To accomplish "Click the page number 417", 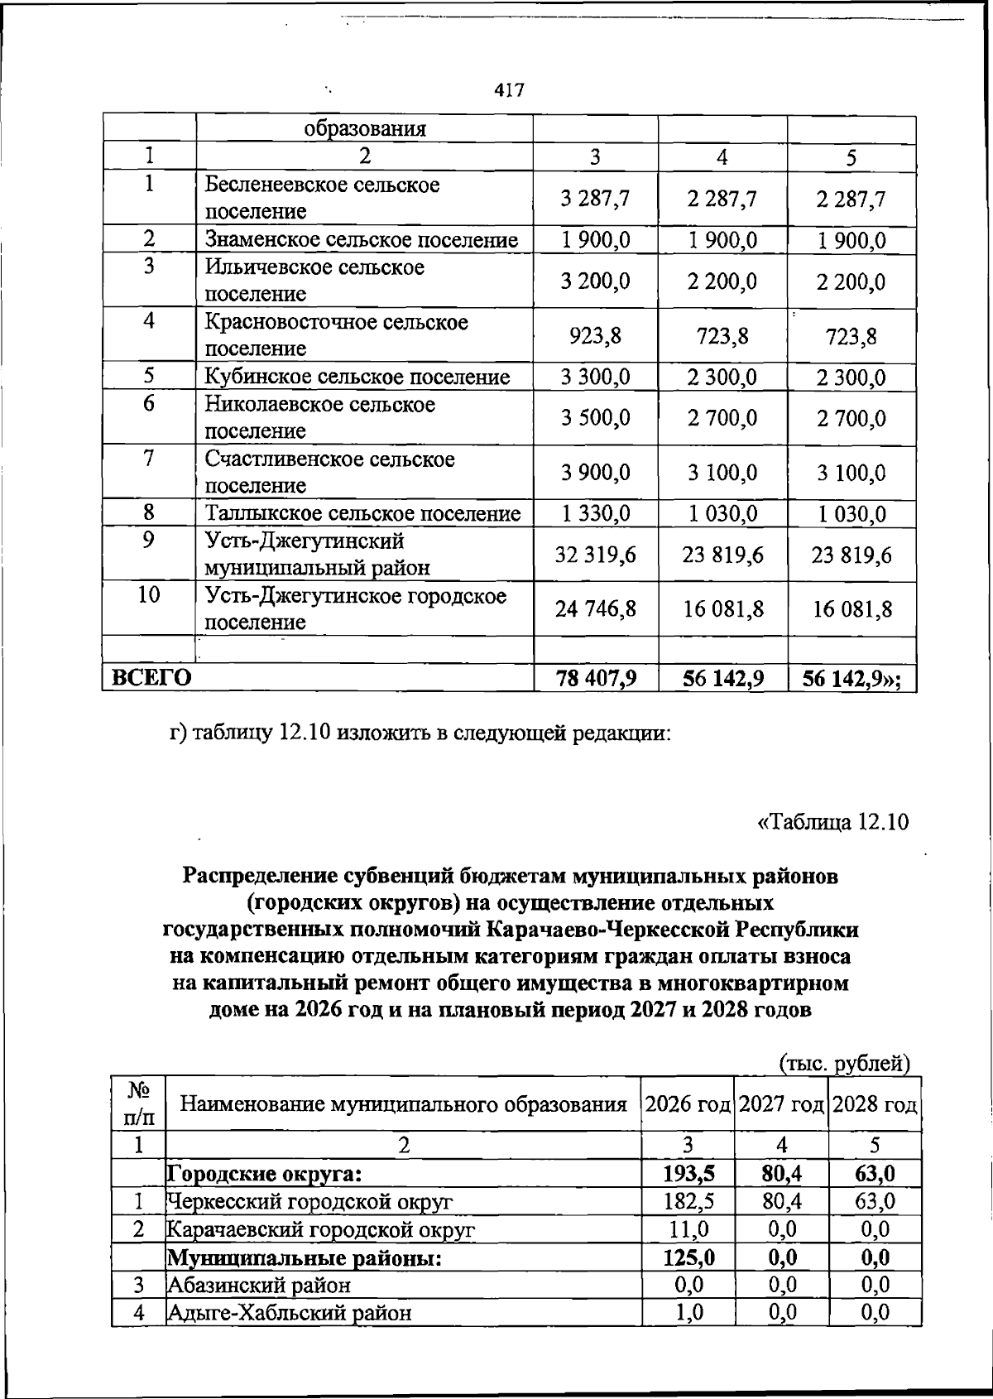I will pos(509,89).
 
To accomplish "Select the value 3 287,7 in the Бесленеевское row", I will pos(595,199).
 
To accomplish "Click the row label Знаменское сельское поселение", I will pos(362,240).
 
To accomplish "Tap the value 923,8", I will pos(595,336).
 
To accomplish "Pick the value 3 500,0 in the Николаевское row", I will pos(595,418).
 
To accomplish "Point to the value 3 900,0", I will pos(595,473).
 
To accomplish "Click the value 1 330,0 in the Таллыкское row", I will pos(595,513).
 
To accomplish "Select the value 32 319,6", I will pos(595,555).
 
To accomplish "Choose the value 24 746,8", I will pos(595,609).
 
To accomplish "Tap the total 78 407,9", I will pos(595,679).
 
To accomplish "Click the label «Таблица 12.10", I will pos(832,822).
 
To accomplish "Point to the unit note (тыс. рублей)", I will pos(845,1063).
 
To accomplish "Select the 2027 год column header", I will pos(781,1104).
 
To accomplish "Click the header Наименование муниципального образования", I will pos(403,1104).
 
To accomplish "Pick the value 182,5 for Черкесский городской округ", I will pos(687,1201).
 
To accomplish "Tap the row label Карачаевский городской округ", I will pos(321,1230).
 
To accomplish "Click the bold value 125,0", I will pos(687,1257).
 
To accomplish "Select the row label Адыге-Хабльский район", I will pos(290,1313).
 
